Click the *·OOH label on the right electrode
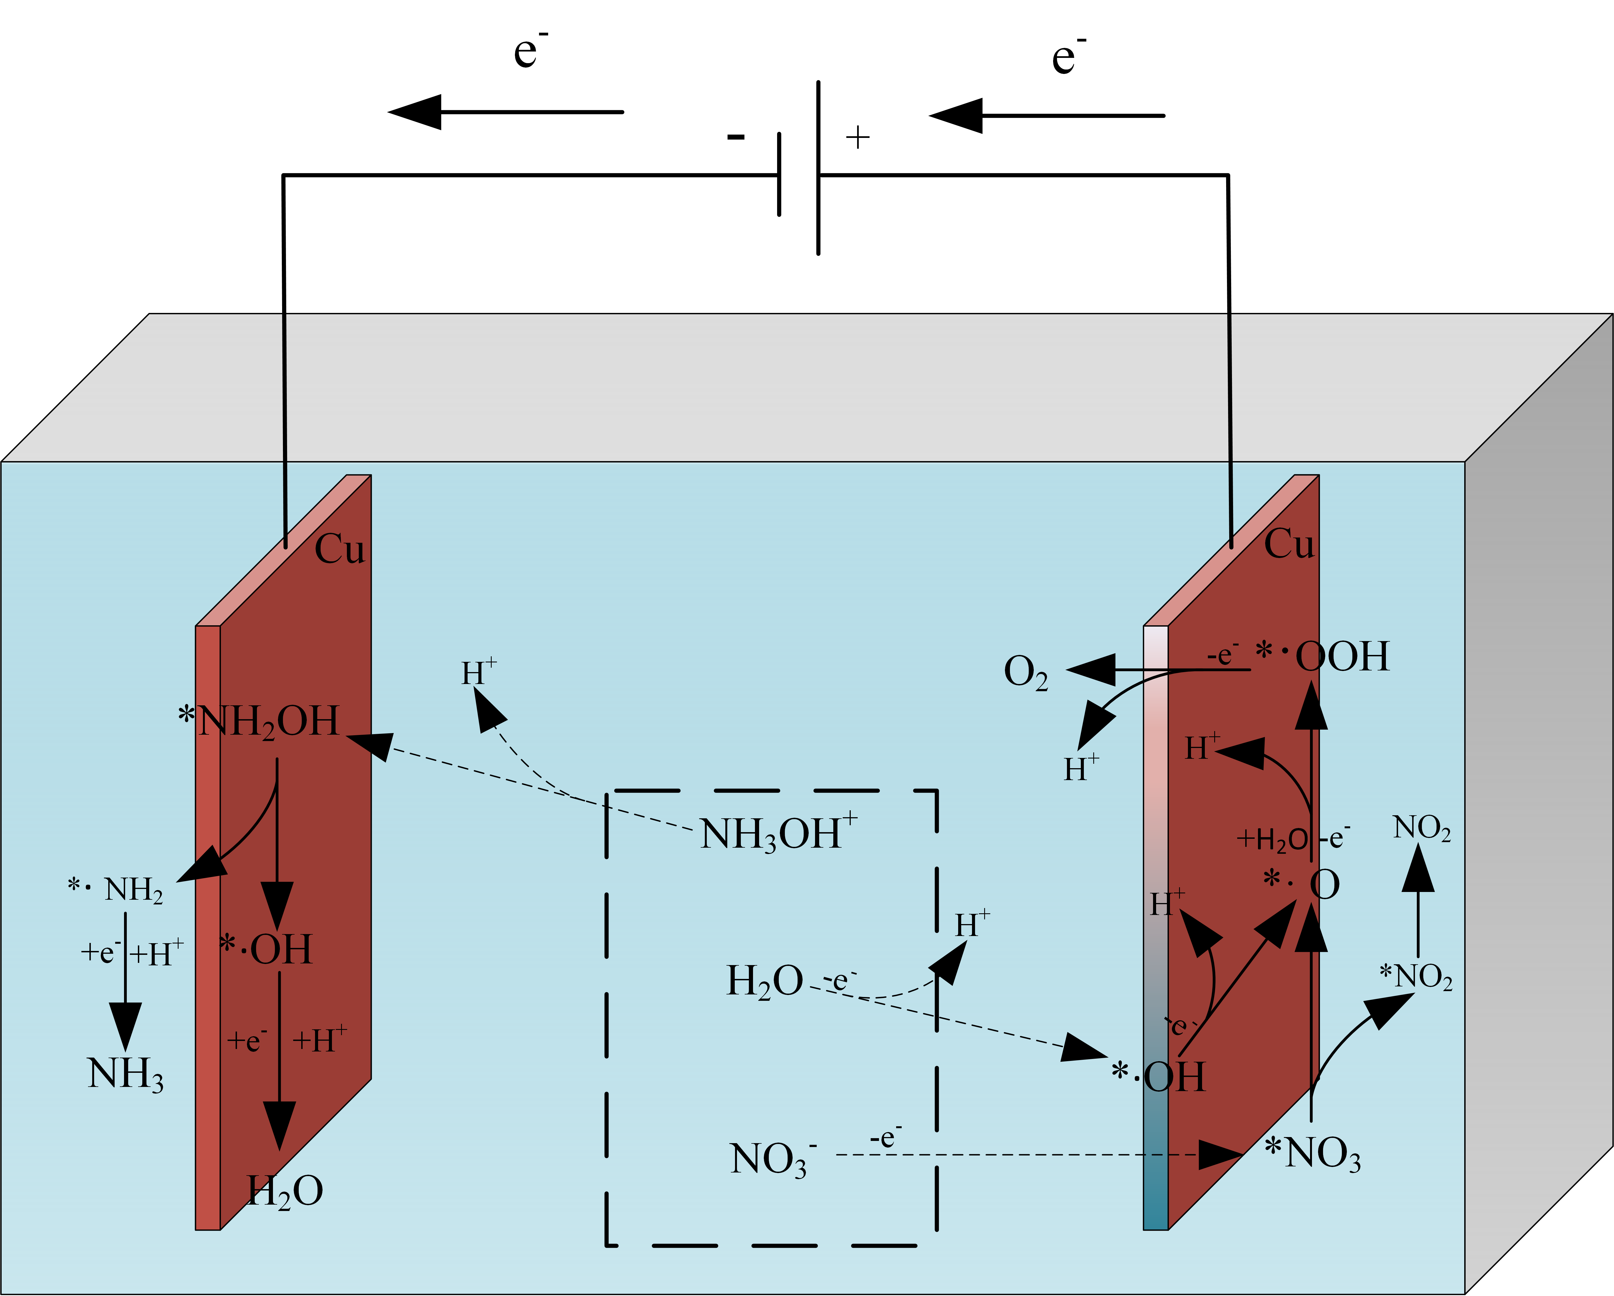1322,656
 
